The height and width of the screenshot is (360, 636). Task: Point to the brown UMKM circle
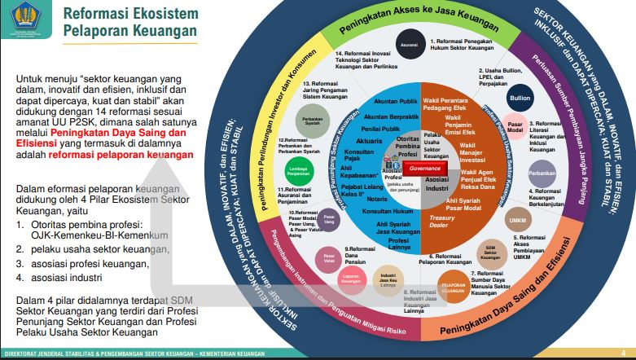517,221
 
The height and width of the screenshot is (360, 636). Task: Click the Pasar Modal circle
515,127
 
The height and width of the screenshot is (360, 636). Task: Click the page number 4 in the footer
623,353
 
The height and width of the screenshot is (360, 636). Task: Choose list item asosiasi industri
68,277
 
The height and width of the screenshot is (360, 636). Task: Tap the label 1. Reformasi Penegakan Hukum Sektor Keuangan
462,44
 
